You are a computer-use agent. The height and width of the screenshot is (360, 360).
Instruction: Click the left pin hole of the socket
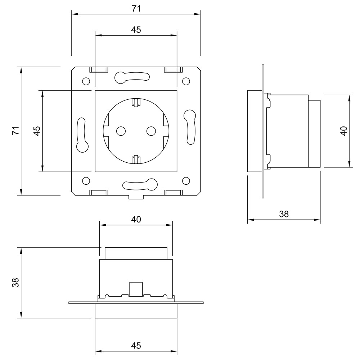(121, 131)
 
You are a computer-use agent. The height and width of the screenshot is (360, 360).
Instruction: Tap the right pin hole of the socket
(151, 131)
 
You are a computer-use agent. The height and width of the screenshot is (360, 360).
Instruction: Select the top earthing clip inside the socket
(136, 102)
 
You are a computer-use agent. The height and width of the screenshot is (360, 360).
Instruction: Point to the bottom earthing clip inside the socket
(136, 159)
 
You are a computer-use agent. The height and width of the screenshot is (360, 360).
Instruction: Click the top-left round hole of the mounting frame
(86, 81)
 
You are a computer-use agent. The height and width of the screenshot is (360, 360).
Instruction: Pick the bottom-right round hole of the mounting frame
(186, 181)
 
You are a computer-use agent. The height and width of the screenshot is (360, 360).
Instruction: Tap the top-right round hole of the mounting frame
(186, 81)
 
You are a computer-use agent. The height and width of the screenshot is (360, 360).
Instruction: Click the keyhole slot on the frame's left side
(82, 135)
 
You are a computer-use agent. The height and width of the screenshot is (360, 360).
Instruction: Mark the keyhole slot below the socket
(140, 184)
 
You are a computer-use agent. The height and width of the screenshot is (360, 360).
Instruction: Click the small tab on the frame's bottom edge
(136, 197)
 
